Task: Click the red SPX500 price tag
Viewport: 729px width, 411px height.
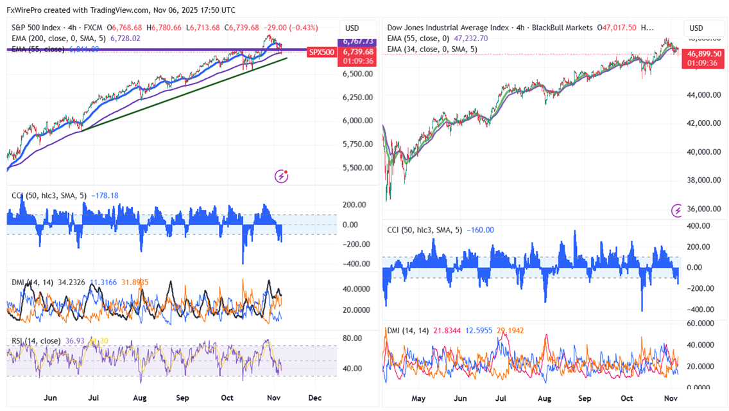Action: coord(321,52)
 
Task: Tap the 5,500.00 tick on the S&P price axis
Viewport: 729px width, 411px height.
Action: coord(357,168)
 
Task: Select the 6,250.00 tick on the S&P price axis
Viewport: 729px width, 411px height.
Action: coord(357,97)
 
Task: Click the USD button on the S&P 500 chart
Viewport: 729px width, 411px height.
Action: coord(352,28)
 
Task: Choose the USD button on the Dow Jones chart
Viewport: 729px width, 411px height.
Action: coord(697,28)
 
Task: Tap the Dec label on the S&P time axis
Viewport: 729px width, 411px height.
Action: coord(314,398)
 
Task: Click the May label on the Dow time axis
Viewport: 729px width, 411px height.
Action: coord(418,398)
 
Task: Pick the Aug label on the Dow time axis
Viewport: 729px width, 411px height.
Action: coord(544,398)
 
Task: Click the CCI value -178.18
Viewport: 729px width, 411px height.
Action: coord(105,196)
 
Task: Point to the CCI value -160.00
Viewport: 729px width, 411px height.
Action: coord(481,230)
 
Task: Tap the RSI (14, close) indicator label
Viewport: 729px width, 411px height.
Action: coord(37,340)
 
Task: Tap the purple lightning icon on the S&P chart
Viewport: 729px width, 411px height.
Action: coord(281,175)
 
